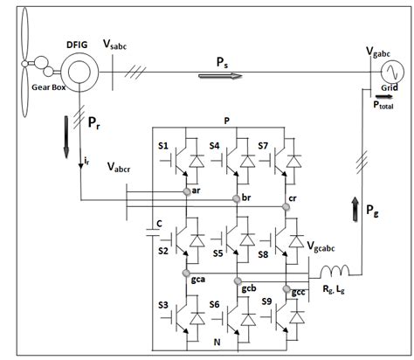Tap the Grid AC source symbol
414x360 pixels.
tap(386, 66)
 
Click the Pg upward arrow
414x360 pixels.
tap(355, 206)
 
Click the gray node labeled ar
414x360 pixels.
tap(187, 190)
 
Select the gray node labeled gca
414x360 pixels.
tap(187, 273)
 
